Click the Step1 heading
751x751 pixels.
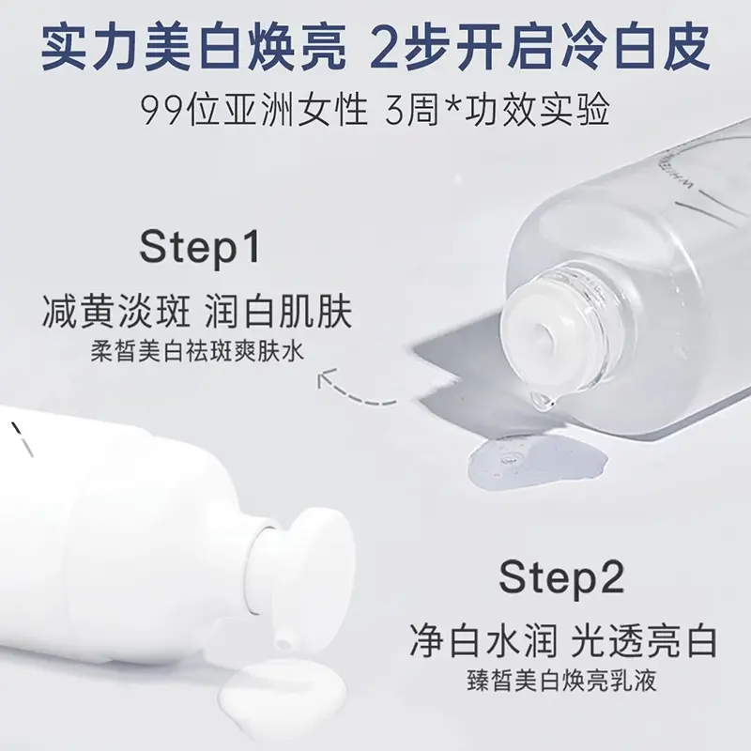pyautogui.click(x=200, y=248)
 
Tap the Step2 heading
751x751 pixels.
pyautogui.click(x=561, y=578)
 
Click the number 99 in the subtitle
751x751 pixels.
pyautogui.click(x=163, y=111)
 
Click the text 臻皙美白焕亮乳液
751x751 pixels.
pyautogui.click(x=561, y=680)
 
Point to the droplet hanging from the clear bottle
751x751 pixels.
pyautogui.click(x=541, y=401)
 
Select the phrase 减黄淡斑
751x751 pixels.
pyautogui.click(x=116, y=312)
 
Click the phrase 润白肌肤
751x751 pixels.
pyautogui.click(x=279, y=312)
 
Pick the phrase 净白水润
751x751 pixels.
pyautogui.click(x=483, y=640)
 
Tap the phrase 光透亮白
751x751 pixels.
pyautogui.click(x=645, y=640)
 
